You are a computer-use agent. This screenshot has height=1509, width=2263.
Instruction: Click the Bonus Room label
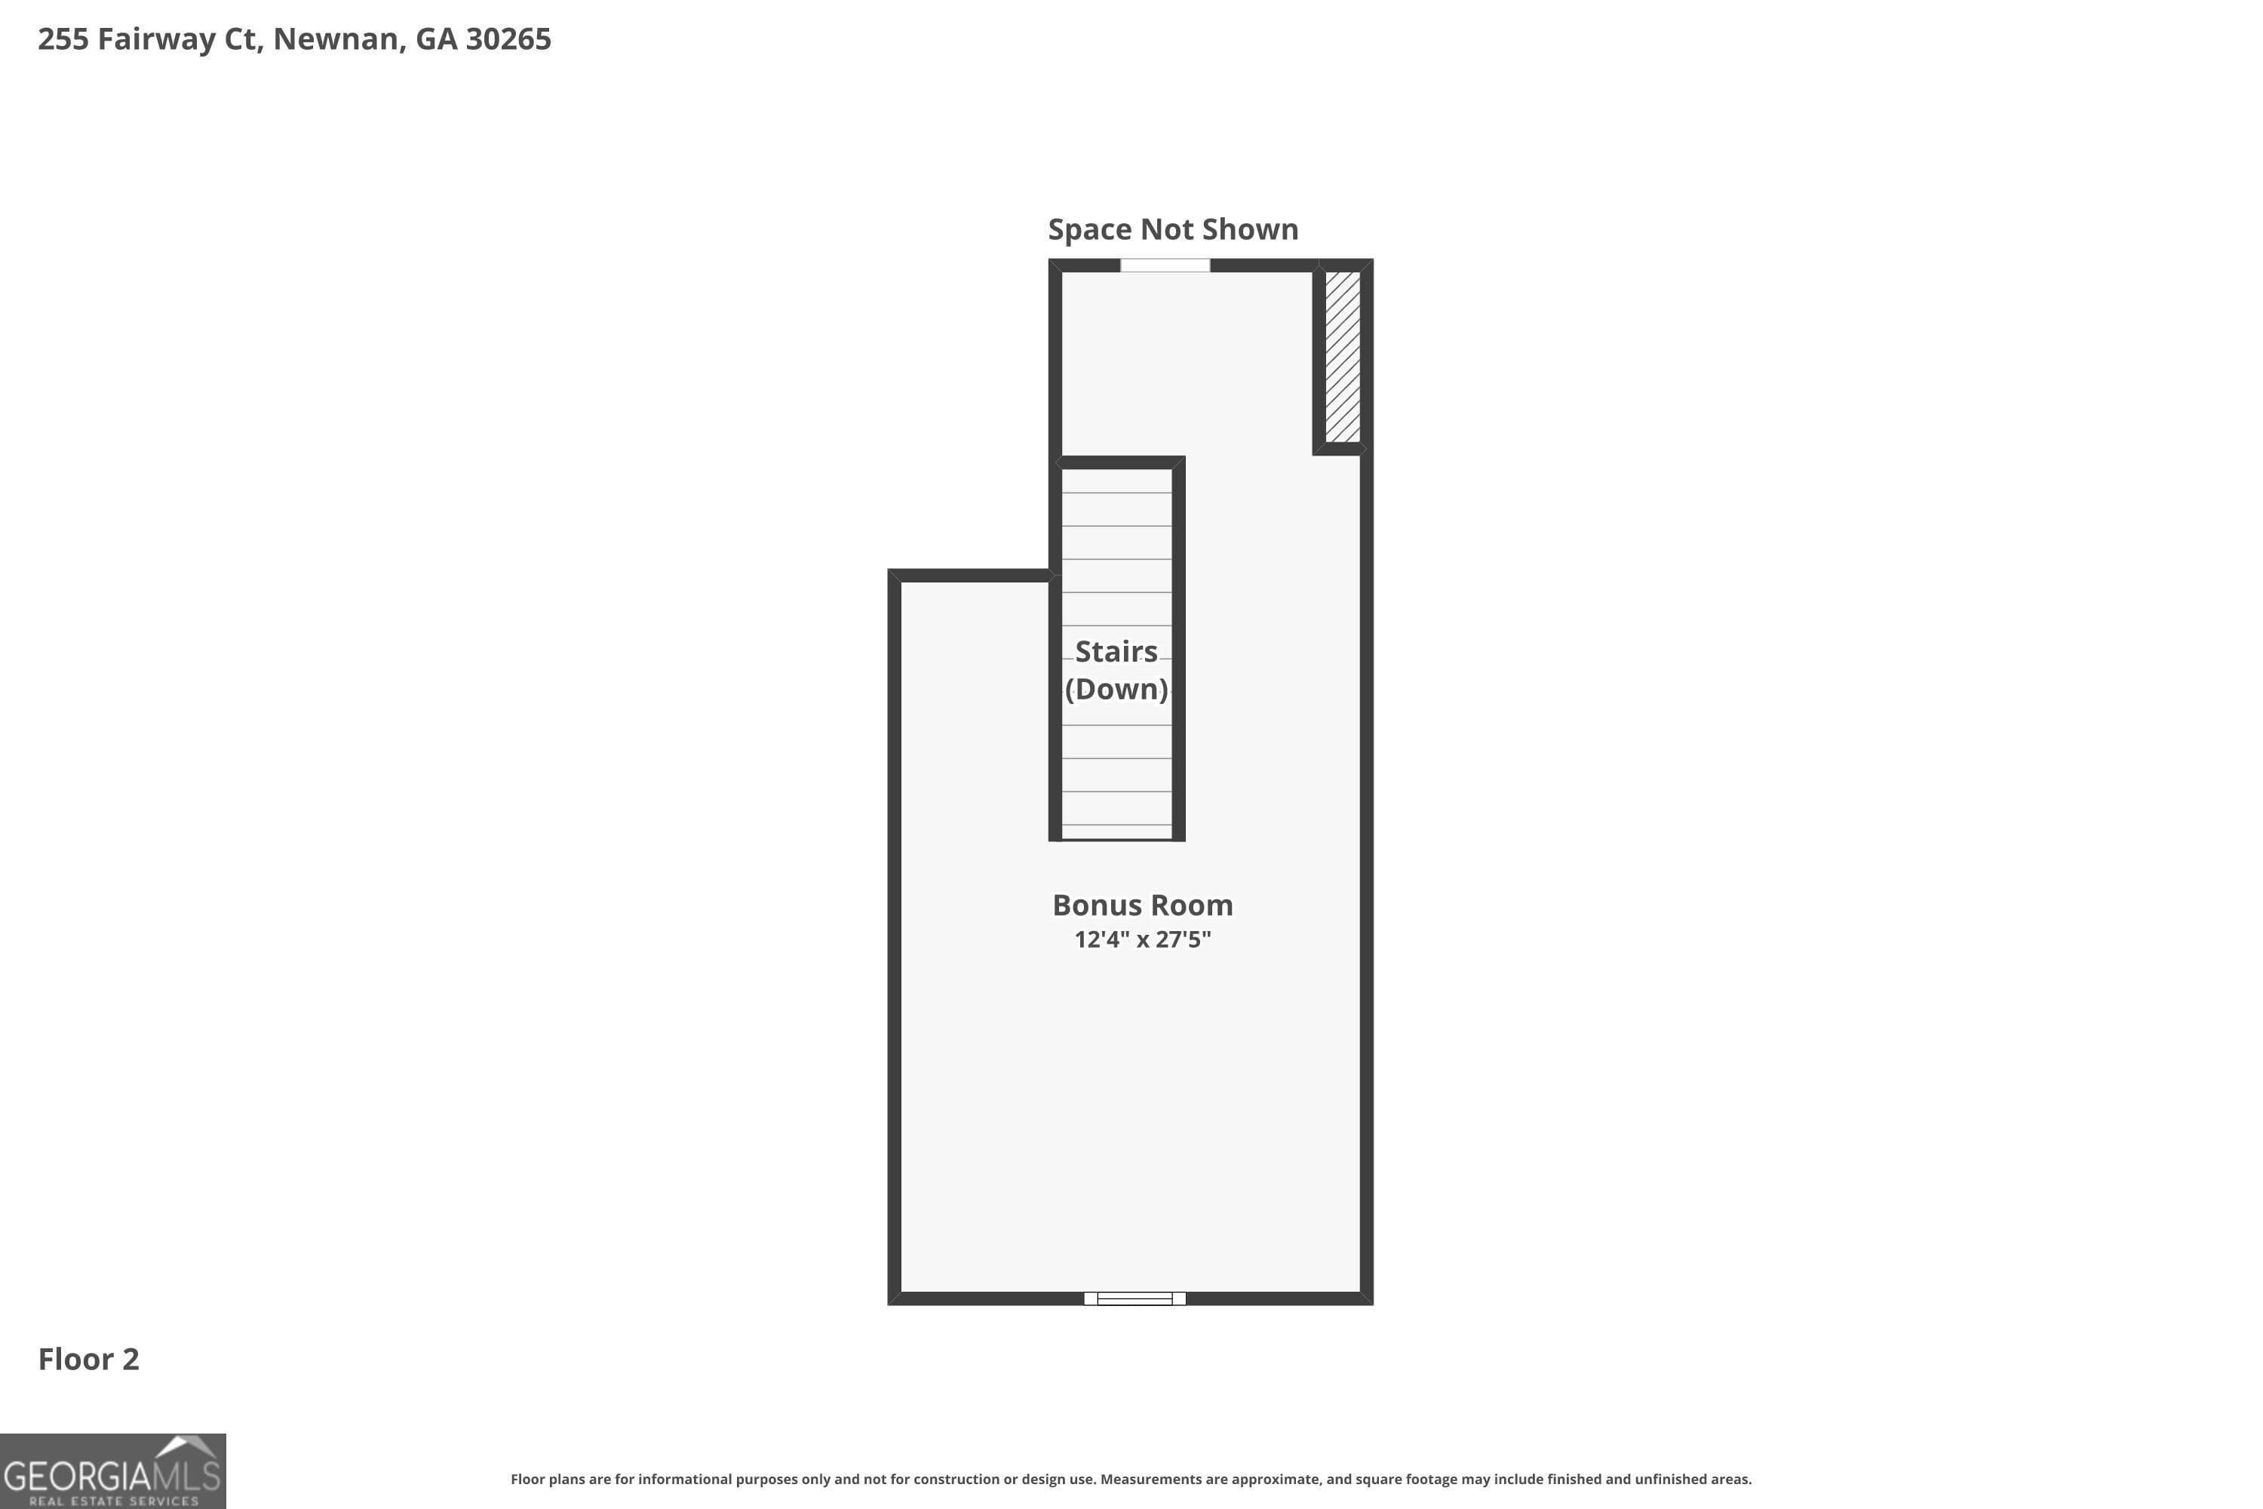[1142, 905]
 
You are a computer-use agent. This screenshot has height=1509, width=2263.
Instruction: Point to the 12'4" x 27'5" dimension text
[1142, 939]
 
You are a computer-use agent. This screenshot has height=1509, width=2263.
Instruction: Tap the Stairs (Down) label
[1116, 670]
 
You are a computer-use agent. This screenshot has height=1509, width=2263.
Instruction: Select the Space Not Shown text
[1173, 229]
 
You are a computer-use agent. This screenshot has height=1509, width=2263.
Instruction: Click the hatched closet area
[1342, 356]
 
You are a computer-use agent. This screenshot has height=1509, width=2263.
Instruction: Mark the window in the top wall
[1164, 266]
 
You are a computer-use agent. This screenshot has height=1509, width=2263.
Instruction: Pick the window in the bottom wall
[1135, 1298]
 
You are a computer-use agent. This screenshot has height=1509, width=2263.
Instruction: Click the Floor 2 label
[88, 1359]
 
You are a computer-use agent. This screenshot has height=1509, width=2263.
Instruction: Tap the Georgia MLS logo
[112, 1471]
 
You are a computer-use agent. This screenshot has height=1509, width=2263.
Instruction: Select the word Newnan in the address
[336, 38]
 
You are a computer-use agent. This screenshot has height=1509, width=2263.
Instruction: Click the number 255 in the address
[63, 38]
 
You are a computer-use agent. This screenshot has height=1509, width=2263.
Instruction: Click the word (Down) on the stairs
[1116, 689]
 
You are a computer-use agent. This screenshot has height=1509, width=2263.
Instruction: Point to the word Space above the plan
[1089, 229]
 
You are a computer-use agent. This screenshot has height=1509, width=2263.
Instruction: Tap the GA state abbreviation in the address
[436, 38]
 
